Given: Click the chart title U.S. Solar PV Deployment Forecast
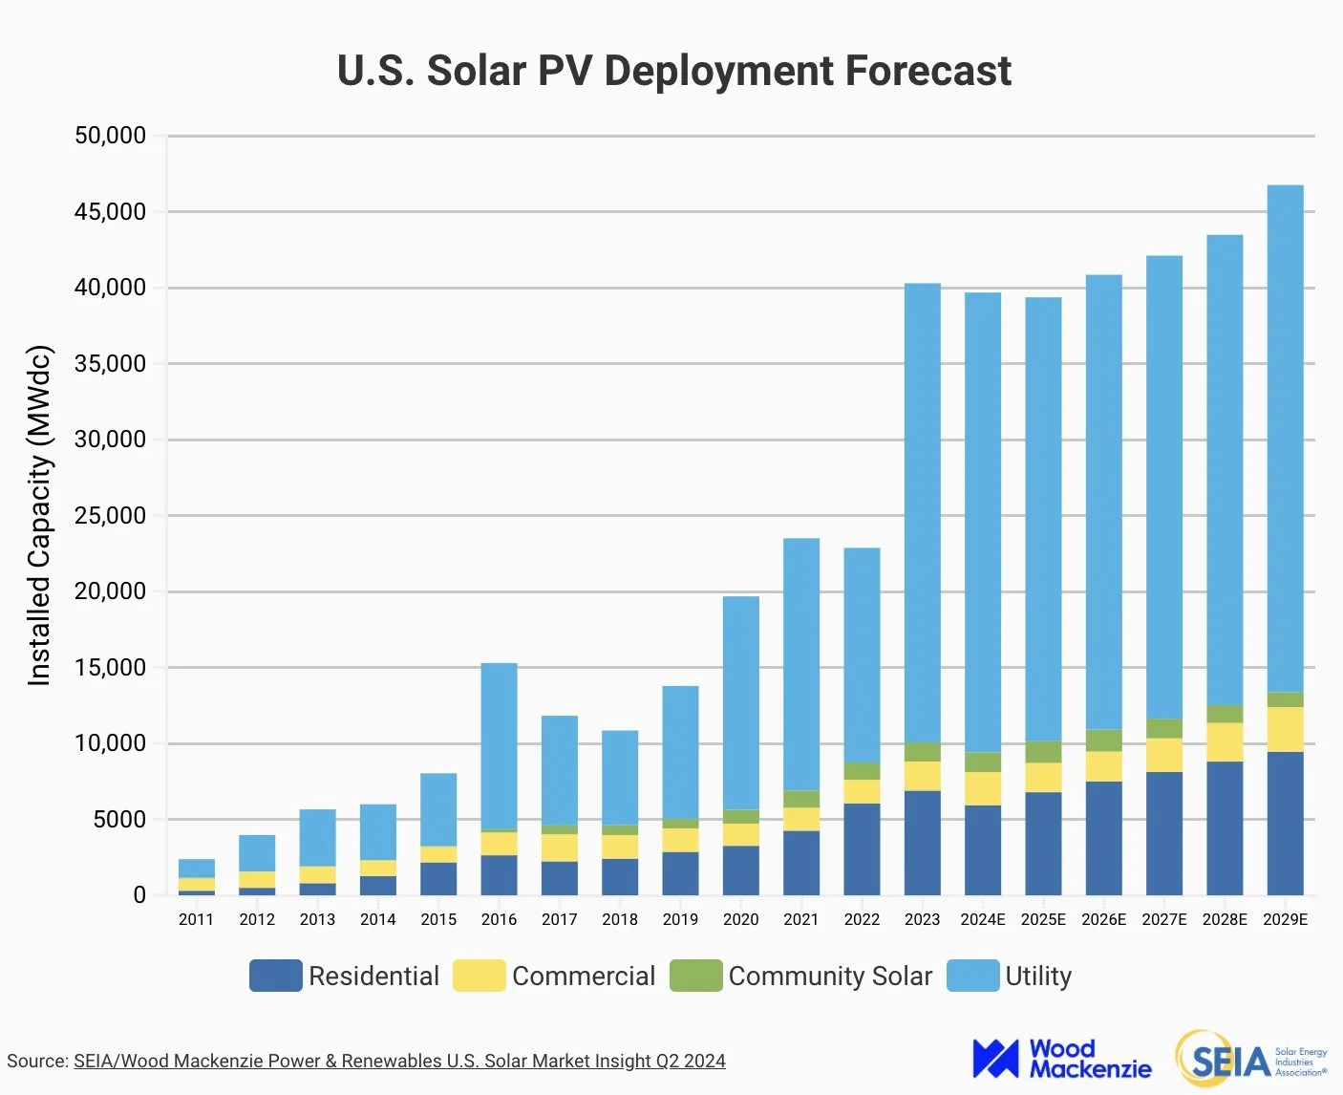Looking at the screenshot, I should pyautogui.click(x=673, y=71).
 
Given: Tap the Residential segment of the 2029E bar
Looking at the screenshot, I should pyautogui.click(x=1285, y=824).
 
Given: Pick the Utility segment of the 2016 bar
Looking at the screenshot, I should pyautogui.click(x=499, y=746).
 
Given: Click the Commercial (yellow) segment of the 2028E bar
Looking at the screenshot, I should pyautogui.click(x=1225, y=742).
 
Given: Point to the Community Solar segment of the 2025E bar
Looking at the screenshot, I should pyautogui.click(x=1043, y=752).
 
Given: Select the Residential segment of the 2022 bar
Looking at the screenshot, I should pyautogui.click(x=862, y=849).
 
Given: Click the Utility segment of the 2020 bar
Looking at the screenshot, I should pyautogui.click(x=740, y=703).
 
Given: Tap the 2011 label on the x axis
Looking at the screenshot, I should pyautogui.click(x=196, y=919).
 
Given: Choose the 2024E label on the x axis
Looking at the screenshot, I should pyautogui.click(x=982, y=919).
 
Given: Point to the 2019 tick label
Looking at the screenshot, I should pyautogui.click(x=680, y=919).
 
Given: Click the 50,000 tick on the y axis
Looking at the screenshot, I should pyautogui.click(x=111, y=136).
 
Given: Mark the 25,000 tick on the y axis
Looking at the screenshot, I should pyautogui.click(x=111, y=516).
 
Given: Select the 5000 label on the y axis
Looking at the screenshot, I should pyautogui.click(x=119, y=820).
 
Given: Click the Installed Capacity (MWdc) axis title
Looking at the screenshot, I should pyautogui.click(x=39, y=516).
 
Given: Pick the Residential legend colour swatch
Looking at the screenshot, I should pyautogui.click(x=275, y=976).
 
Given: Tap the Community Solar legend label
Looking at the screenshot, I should pyautogui.click(x=830, y=976).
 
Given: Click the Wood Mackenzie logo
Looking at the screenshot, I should pyautogui.click(x=1061, y=1059).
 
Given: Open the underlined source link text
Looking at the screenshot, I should pyautogui.click(x=399, y=1061).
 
